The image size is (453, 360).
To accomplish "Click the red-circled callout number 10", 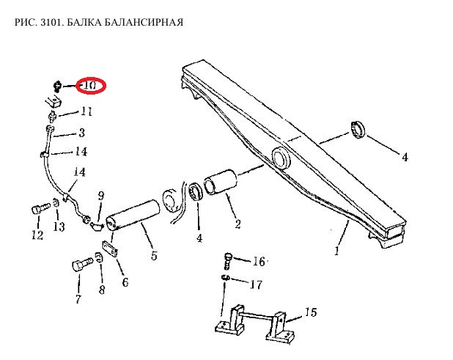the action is coord(90,86).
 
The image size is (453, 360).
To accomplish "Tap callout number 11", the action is coord(86,111).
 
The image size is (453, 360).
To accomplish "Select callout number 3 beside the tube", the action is coord(82,133).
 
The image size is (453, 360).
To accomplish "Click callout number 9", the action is coord(101,196).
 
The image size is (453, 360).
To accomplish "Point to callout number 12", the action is coord(37,235).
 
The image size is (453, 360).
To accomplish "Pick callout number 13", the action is coord(59,227).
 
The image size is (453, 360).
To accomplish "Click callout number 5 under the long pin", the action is coord(154,255).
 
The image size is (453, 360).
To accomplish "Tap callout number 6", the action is coord(125,282).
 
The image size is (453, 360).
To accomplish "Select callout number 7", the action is coord(78,299).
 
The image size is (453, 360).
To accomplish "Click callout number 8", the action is coord(102,289).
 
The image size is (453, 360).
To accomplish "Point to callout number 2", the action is coord(237,224).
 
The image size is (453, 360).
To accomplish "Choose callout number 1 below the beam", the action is coord(336,251).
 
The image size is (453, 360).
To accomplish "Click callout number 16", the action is coord(259,262).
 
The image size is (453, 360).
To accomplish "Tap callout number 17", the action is coord(256,284).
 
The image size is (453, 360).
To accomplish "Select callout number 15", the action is coord(311,312).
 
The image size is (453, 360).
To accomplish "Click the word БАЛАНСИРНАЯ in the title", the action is coord(143,22).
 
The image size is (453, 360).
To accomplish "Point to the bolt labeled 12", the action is coord(40,209).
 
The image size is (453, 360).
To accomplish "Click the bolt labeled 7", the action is coord(82,265).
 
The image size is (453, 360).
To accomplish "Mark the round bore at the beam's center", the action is coord(280,158).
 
